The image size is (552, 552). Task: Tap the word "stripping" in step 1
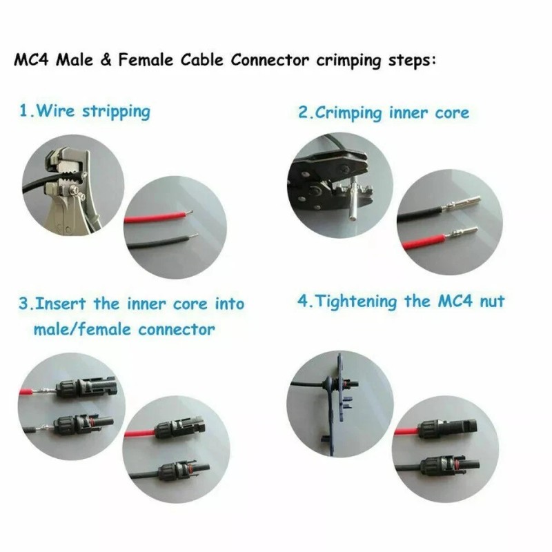pyautogui.click(x=116, y=111)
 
